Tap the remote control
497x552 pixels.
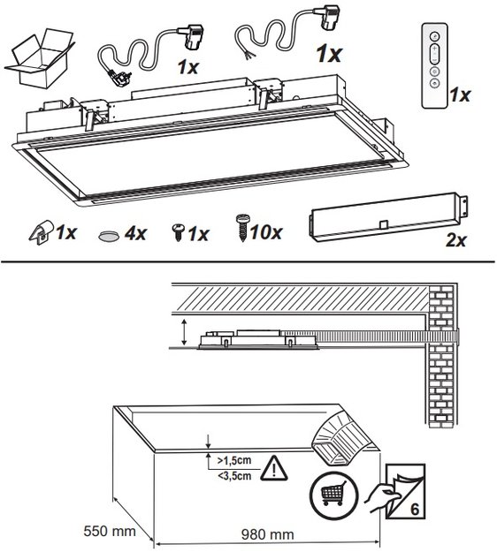point(434,66)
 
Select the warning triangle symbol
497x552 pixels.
point(273,468)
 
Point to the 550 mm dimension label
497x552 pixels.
point(110,531)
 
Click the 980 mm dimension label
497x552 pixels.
point(268,534)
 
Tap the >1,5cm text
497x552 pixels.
point(234,460)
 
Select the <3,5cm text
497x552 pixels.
point(234,476)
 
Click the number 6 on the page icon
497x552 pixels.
point(415,510)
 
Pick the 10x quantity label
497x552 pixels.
point(266,232)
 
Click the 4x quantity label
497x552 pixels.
point(135,233)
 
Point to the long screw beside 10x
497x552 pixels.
point(242,227)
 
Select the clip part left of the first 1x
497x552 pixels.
point(42,232)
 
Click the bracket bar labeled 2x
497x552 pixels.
point(389,217)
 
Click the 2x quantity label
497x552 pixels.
point(456,240)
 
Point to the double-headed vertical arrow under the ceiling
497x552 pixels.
point(184,332)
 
